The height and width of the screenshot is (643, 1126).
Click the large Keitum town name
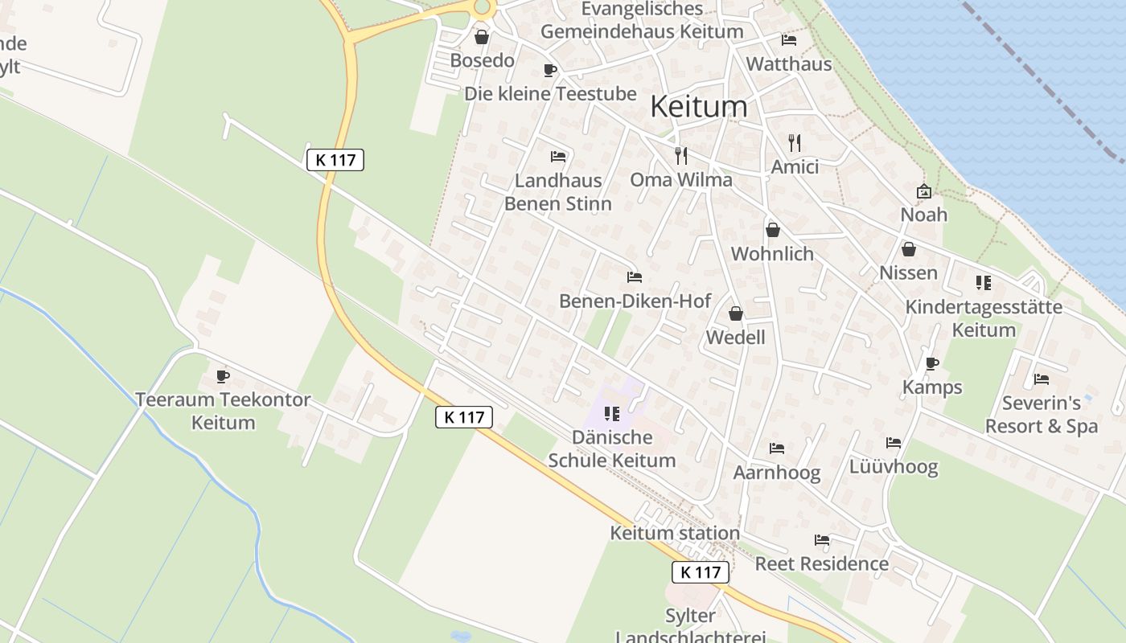coord(698,106)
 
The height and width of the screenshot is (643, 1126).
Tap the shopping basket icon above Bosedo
coord(482,37)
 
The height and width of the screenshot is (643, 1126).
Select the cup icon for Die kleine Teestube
coord(550,71)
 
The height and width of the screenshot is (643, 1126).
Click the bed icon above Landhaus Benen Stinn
coord(558,156)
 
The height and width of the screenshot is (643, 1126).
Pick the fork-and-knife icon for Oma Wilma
coord(681,155)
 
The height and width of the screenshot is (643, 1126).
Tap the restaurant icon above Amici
coord(795,143)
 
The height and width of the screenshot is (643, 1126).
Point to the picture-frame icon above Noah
coord(923,191)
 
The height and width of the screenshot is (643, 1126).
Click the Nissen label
coord(908,272)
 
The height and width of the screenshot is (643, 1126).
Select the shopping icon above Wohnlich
coord(773,231)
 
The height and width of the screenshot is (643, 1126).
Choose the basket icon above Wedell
coord(736,313)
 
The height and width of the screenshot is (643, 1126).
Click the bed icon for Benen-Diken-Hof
coord(635,277)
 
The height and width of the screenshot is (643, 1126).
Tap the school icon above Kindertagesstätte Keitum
coord(983,283)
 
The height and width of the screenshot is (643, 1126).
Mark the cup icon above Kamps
coord(932,363)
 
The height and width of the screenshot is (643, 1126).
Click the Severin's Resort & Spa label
coord(1042,414)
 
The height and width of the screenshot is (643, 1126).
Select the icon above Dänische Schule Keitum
coord(612,414)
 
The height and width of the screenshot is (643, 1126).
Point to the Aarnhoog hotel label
coord(777,473)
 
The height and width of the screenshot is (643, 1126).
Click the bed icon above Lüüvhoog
coord(894,442)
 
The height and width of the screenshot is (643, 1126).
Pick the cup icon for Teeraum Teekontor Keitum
coord(223,376)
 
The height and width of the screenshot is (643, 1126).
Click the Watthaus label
coord(789,63)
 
